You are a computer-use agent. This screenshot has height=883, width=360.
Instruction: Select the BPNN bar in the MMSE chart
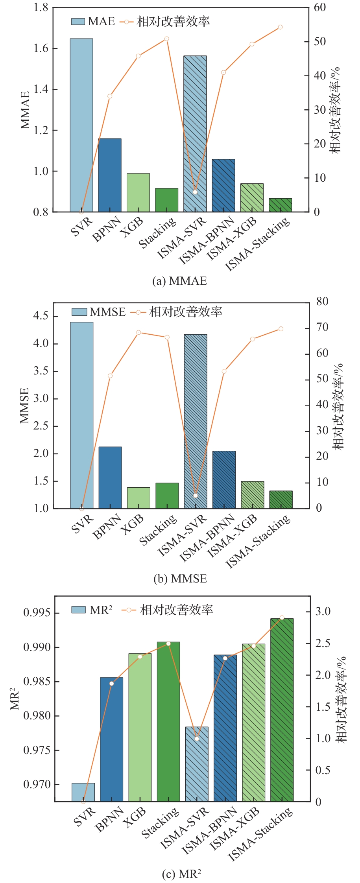pos(110,477)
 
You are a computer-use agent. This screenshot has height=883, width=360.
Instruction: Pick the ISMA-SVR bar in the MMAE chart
pos(195,134)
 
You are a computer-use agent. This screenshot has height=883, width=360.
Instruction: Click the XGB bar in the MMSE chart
pos(138,498)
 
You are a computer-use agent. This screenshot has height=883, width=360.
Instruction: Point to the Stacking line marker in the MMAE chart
pos(167,39)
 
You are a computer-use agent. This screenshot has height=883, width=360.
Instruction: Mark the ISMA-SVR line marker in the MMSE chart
pos(196,496)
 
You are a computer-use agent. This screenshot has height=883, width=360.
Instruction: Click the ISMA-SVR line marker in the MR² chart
pos(197,738)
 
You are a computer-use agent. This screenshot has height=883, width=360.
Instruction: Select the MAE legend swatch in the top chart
pos(78,21)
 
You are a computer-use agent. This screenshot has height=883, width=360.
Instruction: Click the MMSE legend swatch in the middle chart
pos(79,312)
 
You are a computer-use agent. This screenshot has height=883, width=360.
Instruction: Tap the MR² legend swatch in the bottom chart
pos(79,610)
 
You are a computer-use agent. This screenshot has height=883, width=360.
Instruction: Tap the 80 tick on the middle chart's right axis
pos(322,302)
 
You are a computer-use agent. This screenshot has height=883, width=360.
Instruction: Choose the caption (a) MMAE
pos(179,281)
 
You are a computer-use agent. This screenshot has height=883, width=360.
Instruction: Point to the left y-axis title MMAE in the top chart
pos(25,110)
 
